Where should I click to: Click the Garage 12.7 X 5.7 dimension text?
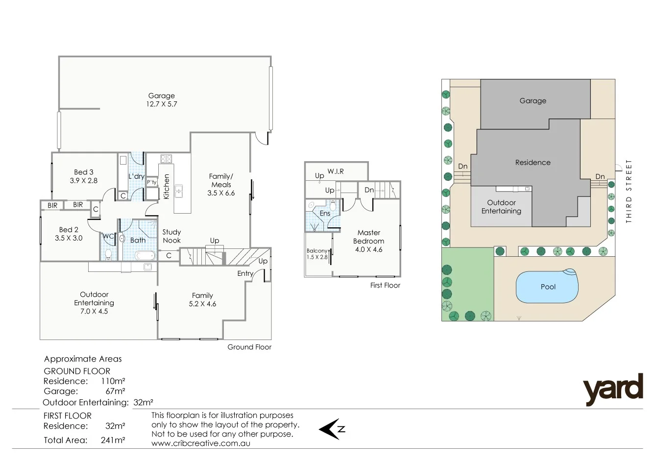tap(161, 104)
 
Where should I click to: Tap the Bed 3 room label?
tap(84, 172)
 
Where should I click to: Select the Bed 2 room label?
tap(69, 229)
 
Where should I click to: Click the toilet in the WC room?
tap(108, 254)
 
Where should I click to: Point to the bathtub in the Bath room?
tap(145, 255)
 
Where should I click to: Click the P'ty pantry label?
tap(152, 182)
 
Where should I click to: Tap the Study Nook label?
tap(171, 236)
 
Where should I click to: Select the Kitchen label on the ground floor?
tap(166, 187)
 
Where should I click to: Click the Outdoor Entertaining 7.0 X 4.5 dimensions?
tap(94, 311)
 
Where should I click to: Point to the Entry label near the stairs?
tap(245, 273)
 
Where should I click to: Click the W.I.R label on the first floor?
tap(336, 171)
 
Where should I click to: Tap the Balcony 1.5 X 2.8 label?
tap(317, 254)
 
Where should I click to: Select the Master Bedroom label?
tap(369, 237)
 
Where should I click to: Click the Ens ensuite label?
tap(325, 214)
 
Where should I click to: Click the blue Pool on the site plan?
tap(547, 287)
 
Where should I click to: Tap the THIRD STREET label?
tap(629, 191)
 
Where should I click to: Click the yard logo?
tap(613, 389)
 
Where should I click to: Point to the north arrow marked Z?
tap(332, 429)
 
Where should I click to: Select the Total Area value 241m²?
tap(113, 440)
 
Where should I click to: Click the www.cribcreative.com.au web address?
tap(200, 443)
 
